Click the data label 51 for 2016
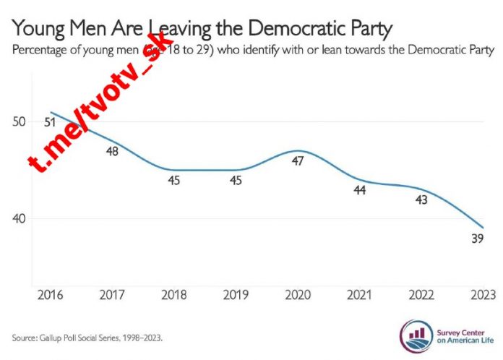[x=50, y=122]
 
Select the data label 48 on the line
[x=112, y=151]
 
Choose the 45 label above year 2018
[x=174, y=181]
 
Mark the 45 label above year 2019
[x=236, y=181]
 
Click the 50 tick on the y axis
[x=19, y=121]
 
